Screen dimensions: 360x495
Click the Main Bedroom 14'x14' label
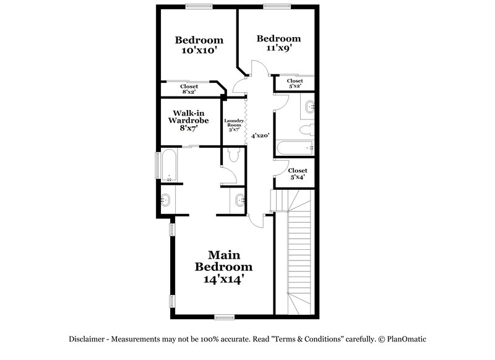[223, 267]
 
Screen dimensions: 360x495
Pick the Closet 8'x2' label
[189, 89]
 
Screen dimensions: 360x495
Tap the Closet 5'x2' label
[295, 83]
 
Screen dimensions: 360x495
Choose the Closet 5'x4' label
[298, 174]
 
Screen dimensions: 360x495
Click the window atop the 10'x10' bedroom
[196, 6]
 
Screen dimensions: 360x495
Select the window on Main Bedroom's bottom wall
[223, 317]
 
